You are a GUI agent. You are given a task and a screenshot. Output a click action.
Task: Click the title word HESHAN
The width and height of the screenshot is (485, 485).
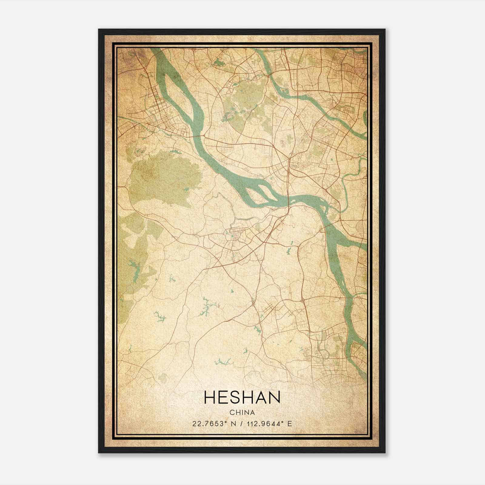tap(242, 397)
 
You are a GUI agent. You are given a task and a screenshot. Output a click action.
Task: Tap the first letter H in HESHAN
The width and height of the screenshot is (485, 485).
tap(209, 397)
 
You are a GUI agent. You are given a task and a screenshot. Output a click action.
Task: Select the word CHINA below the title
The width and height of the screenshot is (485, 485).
tap(242, 412)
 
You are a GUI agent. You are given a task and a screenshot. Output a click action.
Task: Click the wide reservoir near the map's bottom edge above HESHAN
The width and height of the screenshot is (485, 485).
tap(223, 361)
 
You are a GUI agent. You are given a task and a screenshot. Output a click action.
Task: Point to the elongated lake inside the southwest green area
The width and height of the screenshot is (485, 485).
tap(135, 267)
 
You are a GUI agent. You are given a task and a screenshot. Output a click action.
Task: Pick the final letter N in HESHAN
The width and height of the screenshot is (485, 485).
tap(274, 397)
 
